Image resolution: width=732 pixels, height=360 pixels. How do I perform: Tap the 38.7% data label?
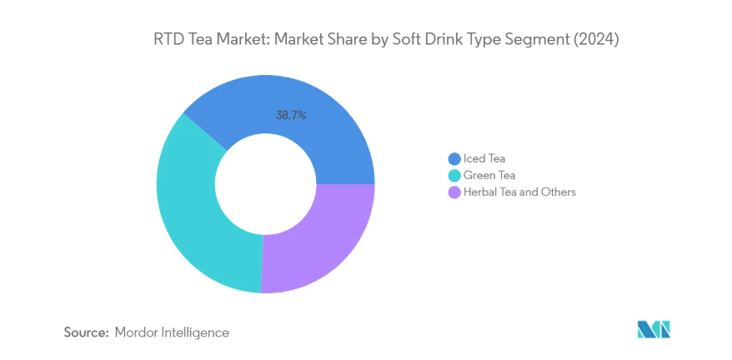click(291, 116)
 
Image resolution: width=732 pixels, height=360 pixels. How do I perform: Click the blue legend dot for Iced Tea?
click(454, 158)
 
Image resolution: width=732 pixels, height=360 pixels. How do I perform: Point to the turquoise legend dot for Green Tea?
click(454, 175)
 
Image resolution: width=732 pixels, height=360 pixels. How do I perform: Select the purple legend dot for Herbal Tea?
click(454, 192)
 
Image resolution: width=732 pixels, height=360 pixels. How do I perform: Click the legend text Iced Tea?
click(484, 158)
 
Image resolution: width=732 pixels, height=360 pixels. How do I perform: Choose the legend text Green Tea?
click(489, 175)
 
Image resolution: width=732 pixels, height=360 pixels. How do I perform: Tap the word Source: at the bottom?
click(87, 332)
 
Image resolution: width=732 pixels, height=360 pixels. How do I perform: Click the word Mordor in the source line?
click(138, 332)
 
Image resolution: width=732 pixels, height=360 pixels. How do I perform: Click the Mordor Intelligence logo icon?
click(654, 329)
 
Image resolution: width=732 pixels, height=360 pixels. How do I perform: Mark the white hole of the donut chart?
click(265, 183)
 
